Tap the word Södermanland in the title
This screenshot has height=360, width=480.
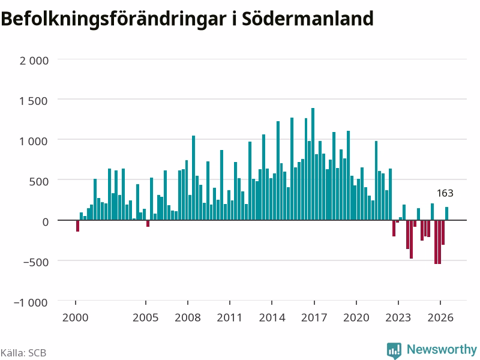coord(308,19)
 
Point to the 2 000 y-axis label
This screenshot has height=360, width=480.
coord(34,61)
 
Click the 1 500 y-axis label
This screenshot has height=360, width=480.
coord(34,101)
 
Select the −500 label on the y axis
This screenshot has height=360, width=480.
coord(36,262)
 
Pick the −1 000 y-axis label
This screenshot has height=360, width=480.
coord(31,302)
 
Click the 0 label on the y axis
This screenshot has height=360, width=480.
coord(46,221)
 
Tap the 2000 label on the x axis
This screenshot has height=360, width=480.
coord(76,317)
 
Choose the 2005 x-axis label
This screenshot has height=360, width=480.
coord(145,317)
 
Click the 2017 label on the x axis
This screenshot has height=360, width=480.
coord(314,317)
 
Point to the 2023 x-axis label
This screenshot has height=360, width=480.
coord(398,317)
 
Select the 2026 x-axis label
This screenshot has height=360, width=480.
coord(440,317)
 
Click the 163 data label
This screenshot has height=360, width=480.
coord(445,193)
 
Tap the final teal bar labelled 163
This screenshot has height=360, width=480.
coord(446,214)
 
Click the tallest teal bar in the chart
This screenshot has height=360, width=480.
coord(313,164)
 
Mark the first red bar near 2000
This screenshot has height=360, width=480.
coord(78,226)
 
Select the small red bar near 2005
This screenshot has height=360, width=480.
coord(148,223)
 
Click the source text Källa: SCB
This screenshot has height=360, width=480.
coord(23,353)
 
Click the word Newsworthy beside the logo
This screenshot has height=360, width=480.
coord(442,349)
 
